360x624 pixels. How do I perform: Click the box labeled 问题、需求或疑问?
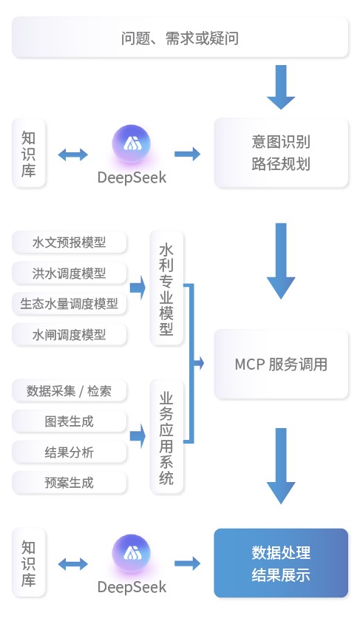[x=180, y=38]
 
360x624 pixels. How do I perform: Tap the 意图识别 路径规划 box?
[x=281, y=153]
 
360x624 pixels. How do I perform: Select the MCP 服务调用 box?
[x=281, y=364]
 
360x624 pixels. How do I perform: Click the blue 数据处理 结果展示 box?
[x=281, y=563]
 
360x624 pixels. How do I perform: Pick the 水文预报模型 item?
[x=69, y=243]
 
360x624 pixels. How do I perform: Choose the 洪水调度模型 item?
[x=69, y=273]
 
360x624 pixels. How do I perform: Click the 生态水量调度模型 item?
[x=69, y=304]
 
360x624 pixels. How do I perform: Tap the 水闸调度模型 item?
[x=69, y=334]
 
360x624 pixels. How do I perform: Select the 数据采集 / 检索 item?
[x=69, y=391]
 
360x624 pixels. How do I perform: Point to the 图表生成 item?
[x=69, y=421]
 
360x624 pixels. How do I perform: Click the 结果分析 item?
[x=69, y=452]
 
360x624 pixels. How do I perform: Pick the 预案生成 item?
[x=69, y=483]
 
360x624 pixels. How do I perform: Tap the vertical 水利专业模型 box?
[x=166, y=288]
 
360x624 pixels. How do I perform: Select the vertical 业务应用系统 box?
[x=166, y=436]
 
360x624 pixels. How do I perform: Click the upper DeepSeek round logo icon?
[x=132, y=143]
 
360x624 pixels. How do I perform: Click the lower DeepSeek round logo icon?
[x=132, y=554]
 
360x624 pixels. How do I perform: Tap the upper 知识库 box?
[x=29, y=153]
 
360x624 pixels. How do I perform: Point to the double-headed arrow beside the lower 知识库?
[x=72, y=564]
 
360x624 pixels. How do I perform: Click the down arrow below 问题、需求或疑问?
[x=281, y=87]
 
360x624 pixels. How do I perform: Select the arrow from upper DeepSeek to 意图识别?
[x=187, y=154]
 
